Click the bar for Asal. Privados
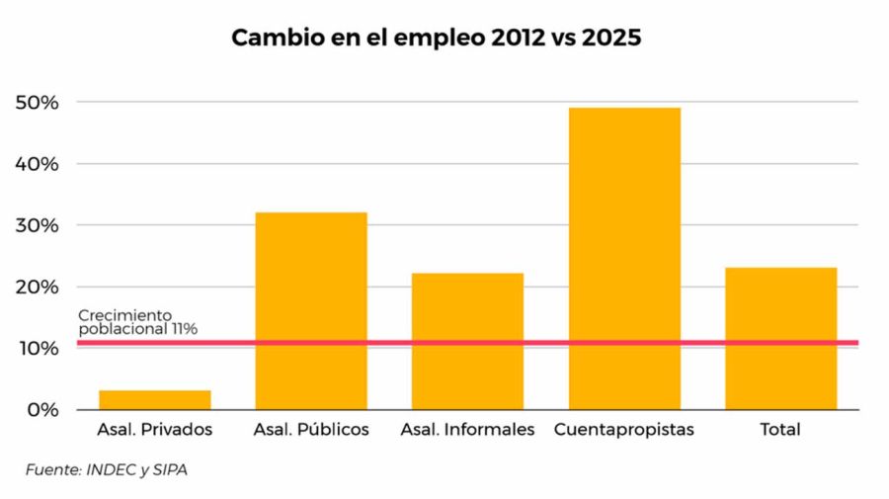click(155, 400)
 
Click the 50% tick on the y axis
click(38, 103)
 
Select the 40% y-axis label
click(38, 164)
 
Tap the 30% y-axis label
click(38, 225)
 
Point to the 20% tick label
click(38, 287)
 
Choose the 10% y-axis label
click(38, 348)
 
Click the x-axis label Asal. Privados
click(155, 430)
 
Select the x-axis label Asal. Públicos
click(311, 430)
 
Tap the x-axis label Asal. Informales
click(467, 430)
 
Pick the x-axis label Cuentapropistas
click(624, 430)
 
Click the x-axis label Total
click(780, 430)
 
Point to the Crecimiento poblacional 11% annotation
click(138, 322)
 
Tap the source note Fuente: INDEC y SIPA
click(107, 470)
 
